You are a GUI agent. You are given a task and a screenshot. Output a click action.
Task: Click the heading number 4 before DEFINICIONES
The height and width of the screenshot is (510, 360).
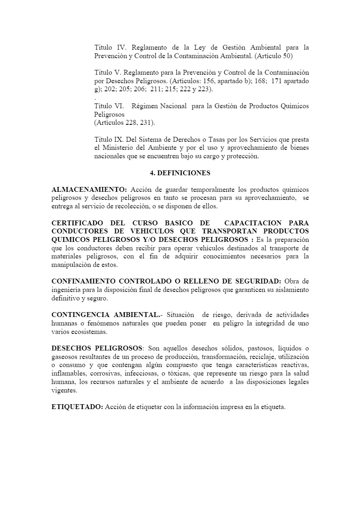[152, 173]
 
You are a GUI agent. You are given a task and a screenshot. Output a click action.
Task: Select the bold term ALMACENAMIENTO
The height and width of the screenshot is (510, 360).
[89, 190]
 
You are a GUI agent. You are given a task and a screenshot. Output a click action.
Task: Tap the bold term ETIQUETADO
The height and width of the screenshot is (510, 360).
[77, 407]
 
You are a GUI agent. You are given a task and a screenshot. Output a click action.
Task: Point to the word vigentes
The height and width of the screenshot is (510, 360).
[64, 391]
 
